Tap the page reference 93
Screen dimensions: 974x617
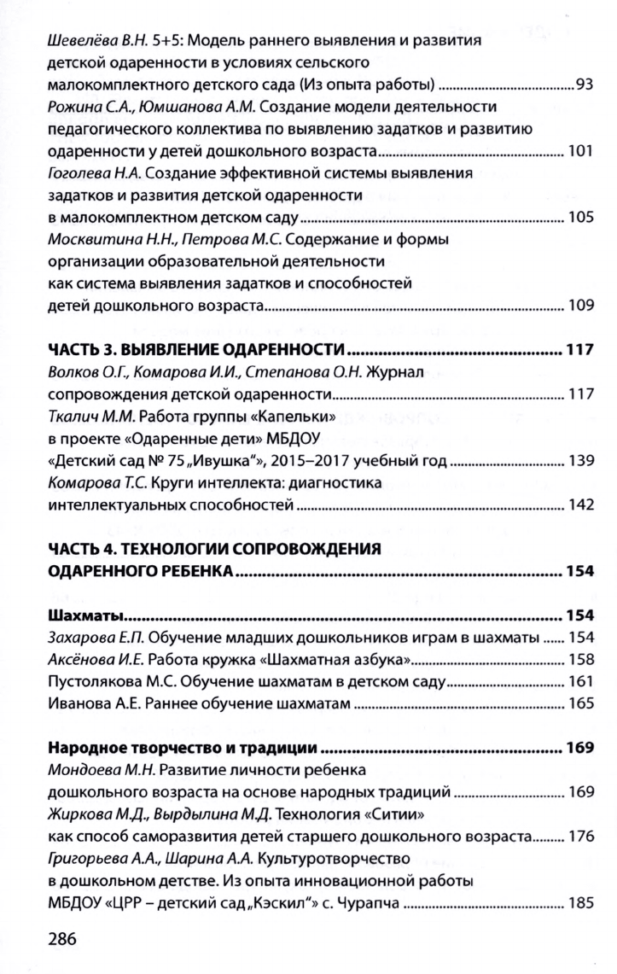(x=584, y=85)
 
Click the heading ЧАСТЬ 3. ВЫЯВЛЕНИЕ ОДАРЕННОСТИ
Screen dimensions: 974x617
(x=195, y=350)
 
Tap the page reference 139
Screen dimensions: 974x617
(x=580, y=462)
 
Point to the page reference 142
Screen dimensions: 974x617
(x=580, y=506)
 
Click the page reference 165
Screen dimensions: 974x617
(x=580, y=705)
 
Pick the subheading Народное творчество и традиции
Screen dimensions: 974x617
(x=183, y=749)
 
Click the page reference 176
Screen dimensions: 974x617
(x=580, y=837)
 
